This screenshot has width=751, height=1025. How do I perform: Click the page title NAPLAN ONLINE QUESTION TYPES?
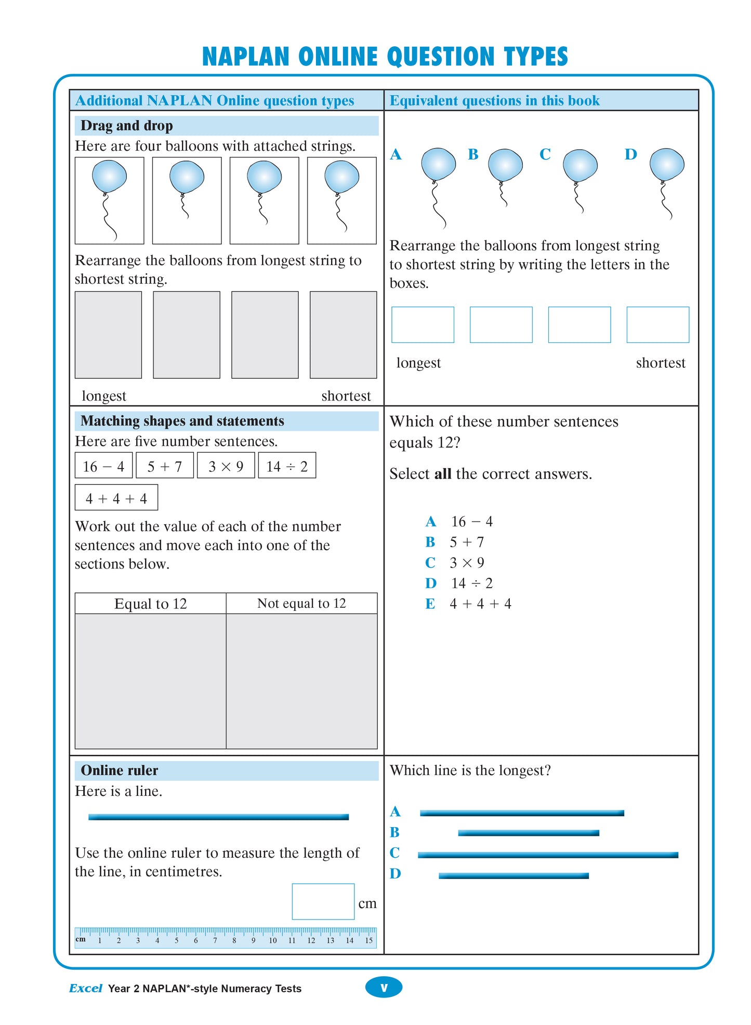[385, 57]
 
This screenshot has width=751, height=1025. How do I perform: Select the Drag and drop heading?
[126, 126]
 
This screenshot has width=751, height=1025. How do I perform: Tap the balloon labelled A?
[438, 164]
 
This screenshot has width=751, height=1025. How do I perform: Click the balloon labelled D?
[666, 164]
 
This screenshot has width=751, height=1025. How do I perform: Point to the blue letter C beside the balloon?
[545, 154]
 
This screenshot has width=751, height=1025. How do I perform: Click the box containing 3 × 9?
[226, 466]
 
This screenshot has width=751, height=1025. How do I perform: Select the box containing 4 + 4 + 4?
[116, 498]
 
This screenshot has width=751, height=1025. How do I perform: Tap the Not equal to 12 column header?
[301, 604]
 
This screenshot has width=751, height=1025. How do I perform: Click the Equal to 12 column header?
[150, 604]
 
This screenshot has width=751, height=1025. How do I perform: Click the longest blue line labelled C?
[548, 855]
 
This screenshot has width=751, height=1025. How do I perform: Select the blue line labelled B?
[528, 833]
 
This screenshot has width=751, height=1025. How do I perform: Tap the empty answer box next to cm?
[323, 901]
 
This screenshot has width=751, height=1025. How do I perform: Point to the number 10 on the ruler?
[272, 940]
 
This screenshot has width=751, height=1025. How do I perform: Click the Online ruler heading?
[120, 770]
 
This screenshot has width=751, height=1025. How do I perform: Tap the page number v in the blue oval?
[384, 988]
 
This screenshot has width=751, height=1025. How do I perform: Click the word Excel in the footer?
[86, 989]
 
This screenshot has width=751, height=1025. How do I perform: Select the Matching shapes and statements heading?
[182, 421]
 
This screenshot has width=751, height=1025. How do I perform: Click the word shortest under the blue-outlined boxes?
[660, 363]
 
